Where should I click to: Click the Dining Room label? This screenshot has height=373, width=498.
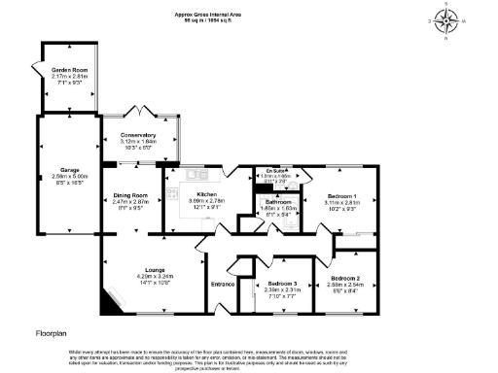(128, 194)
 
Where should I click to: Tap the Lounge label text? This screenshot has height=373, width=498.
(155, 269)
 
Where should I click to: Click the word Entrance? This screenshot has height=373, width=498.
(224, 284)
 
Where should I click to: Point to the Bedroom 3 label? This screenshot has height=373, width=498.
(282, 284)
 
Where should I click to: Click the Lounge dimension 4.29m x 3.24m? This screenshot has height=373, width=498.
(155, 276)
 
